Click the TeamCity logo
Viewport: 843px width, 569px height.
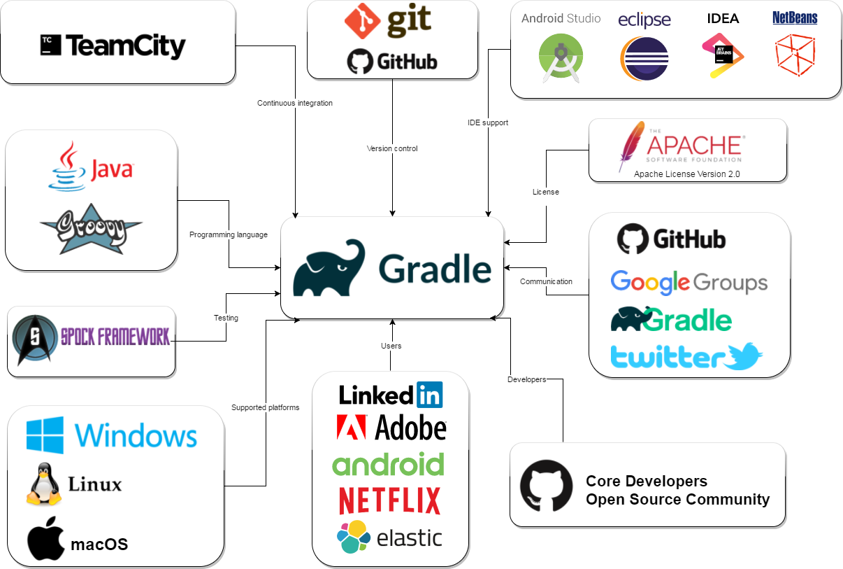(113, 46)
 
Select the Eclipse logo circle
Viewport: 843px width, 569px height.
(644, 59)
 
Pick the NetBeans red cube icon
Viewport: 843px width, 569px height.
(795, 55)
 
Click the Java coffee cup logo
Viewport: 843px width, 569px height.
(67, 166)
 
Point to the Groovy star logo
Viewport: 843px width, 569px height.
(91, 228)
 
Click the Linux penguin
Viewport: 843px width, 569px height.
(44, 484)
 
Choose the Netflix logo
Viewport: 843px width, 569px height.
(389, 500)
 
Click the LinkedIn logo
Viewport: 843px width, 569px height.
(390, 395)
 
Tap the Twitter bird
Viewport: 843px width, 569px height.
(742, 357)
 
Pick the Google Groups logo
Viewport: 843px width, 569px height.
(689, 283)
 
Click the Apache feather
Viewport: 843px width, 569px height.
(631, 146)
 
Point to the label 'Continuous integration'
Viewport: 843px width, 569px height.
(295, 103)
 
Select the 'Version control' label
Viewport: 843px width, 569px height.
(392, 148)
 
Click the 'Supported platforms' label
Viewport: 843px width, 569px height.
(266, 407)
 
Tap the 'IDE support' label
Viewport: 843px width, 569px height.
(488, 122)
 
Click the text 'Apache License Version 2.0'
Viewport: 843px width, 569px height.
(686, 174)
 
